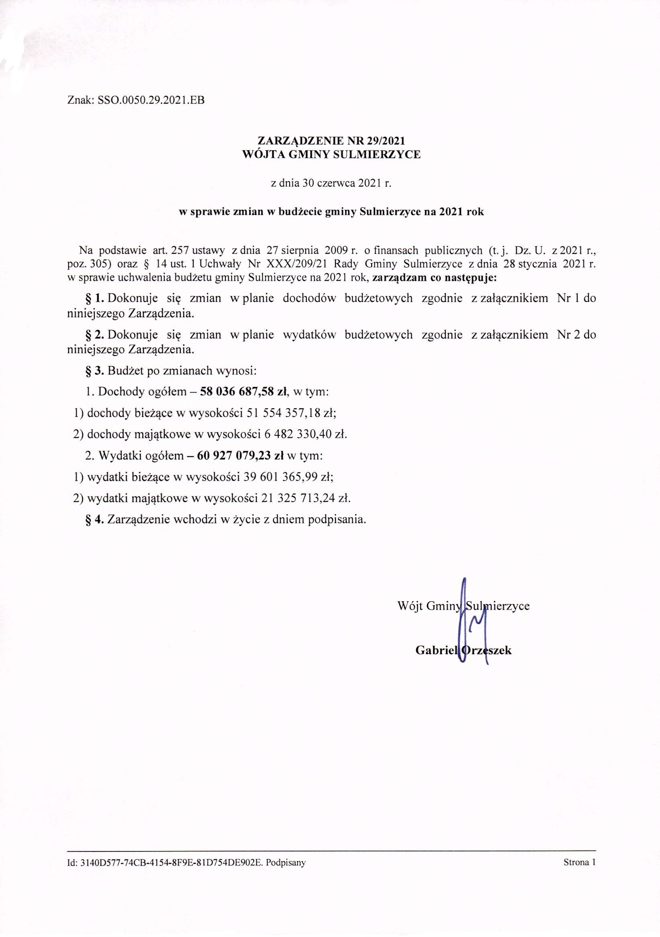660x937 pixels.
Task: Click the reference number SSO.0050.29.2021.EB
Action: point(151,100)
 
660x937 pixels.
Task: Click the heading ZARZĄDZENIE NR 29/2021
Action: point(331,141)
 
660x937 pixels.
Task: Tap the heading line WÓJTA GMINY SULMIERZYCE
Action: point(331,155)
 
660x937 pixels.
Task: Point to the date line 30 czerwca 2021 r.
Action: point(331,183)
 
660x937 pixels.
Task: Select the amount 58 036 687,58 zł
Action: point(245,392)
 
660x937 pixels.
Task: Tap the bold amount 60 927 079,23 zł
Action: point(240,455)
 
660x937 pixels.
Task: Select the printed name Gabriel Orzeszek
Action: point(463,650)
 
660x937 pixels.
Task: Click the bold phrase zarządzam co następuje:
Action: point(435,279)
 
